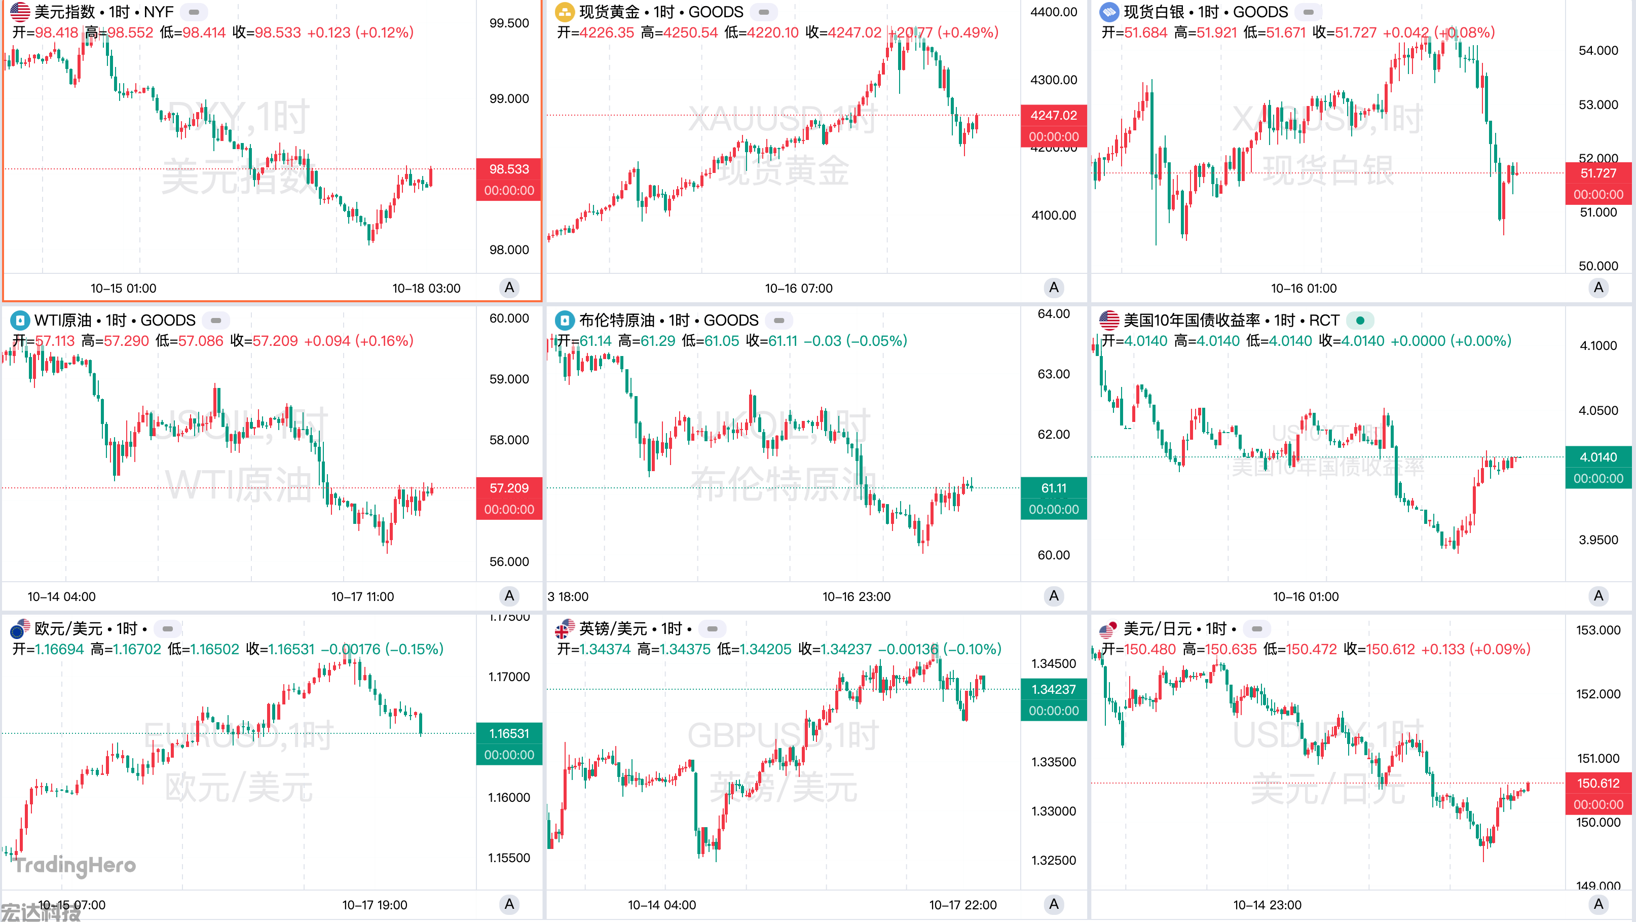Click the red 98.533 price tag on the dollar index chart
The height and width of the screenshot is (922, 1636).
(509, 169)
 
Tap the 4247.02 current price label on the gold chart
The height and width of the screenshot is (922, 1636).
(1053, 115)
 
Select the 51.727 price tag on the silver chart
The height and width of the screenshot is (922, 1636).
(1598, 173)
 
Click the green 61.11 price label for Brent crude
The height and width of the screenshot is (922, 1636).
(1053, 488)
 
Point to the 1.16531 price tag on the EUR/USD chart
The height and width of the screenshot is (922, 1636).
(509, 733)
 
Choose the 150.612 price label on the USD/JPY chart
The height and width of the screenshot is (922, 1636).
(1598, 783)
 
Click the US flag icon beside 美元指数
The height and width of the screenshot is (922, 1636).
(20, 12)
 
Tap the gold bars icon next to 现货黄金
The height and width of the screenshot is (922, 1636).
(564, 12)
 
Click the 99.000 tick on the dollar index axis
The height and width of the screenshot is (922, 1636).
(509, 98)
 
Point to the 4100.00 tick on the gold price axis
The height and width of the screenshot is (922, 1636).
(1053, 215)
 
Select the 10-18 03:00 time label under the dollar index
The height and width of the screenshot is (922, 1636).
(426, 289)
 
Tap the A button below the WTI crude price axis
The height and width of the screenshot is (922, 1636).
(509, 596)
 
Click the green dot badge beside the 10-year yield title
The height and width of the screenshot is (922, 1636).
(1360, 320)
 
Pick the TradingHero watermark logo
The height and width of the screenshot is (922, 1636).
(75, 865)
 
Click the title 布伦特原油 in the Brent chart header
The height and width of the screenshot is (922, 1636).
(616, 320)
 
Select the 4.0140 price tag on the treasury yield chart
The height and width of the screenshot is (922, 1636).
(1598, 457)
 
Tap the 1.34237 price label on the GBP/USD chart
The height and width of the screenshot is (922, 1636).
(1053, 689)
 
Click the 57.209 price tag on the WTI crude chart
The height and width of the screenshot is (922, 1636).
(509, 488)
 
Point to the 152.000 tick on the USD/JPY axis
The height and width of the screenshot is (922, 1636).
(1598, 694)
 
